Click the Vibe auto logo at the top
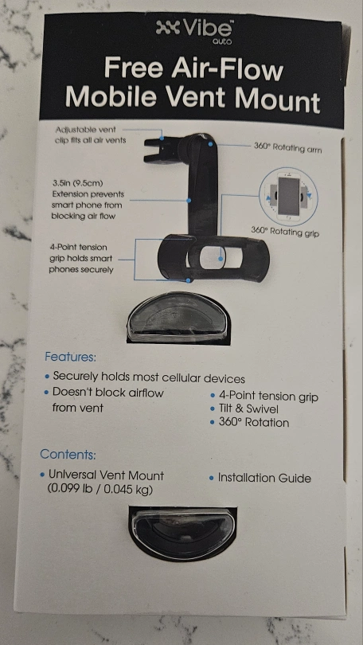pos(194,32)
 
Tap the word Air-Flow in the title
pos(228,69)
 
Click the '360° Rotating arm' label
pos(287,148)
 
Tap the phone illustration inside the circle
pos(289,196)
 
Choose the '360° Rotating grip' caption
pos(285,232)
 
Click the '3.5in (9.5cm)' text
pos(77,182)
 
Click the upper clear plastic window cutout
pos(178,317)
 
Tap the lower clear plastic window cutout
pos(182,533)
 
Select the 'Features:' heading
pos(70,356)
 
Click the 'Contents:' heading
pos(68,455)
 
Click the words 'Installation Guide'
pos(264,478)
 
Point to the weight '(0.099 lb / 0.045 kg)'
pos(100,491)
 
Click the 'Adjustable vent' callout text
pos(85,130)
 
